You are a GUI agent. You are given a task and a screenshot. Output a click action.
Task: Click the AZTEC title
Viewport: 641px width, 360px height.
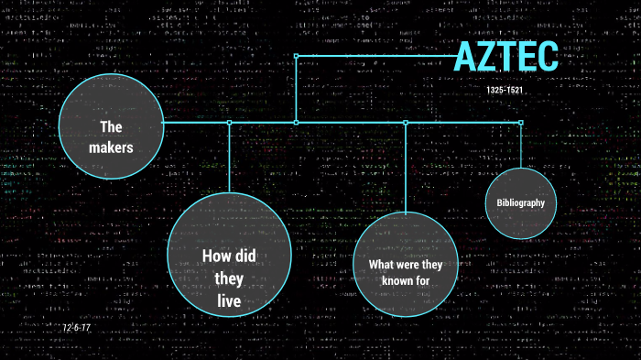coord(505,57)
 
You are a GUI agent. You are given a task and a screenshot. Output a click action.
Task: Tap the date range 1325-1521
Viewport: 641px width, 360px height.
coord(506,92)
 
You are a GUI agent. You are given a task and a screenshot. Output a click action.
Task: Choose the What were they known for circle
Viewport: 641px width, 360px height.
coord(405,263)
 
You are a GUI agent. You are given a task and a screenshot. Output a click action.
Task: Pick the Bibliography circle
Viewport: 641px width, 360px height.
coord(520,202)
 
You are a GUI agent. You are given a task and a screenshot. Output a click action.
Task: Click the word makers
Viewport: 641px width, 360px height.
coord(111,147)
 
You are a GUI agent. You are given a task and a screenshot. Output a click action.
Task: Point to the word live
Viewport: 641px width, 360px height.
coord(230,300)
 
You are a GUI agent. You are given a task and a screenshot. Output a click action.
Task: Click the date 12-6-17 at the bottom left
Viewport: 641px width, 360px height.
coord(77,328)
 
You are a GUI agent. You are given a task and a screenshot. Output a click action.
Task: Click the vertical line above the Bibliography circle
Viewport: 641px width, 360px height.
coord(520,145)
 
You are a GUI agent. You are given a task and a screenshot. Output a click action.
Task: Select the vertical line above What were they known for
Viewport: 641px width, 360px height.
coord(405,166)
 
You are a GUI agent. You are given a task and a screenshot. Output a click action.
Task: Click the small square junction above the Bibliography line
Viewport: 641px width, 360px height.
coord(520,122)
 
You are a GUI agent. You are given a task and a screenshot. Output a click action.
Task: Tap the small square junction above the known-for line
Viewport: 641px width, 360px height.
coord(405,122)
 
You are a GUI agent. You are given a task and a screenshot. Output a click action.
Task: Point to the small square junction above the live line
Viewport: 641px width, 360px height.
coord(230,122)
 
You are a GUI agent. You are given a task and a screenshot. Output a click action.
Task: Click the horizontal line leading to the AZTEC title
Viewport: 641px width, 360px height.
coord(375,56)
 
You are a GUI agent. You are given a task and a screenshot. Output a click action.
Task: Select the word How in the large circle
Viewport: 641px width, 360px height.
coord(214,256)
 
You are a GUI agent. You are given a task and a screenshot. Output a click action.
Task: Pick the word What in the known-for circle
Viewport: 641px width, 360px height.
coord(381,265)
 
